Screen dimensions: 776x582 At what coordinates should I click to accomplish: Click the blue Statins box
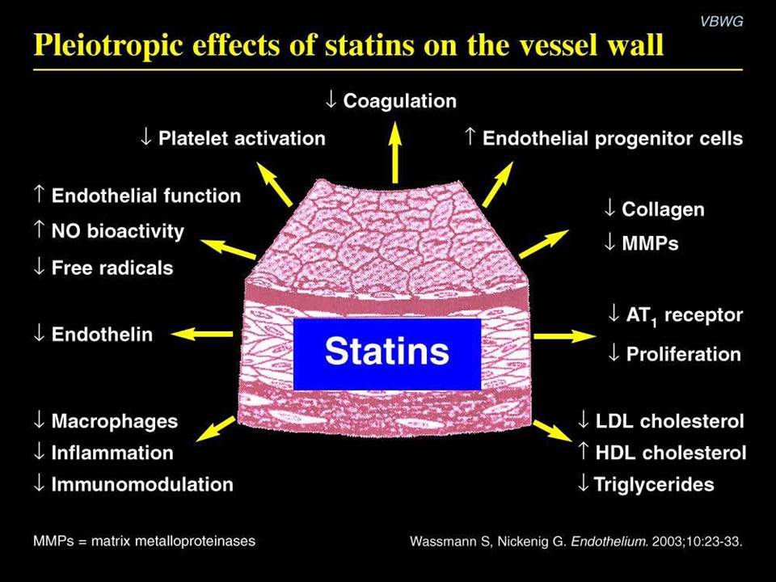pyautogui.click(x=387, y=354)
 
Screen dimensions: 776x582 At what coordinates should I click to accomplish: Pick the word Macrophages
pyautogui.click(x=115, y=421)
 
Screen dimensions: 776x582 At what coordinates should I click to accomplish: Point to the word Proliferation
pyautogui.click(x=684, y=354)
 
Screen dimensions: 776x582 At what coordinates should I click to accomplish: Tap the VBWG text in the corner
pyautogui.click(x=722, y=21)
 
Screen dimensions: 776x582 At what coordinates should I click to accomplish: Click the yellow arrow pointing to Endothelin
pyautogui.click(x=201, y=334)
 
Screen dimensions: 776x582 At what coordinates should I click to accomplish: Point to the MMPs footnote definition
pyautogui.click(x=144, y=541)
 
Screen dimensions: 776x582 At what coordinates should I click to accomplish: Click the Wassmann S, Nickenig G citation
pyautogui.click(x=576, y=541)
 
